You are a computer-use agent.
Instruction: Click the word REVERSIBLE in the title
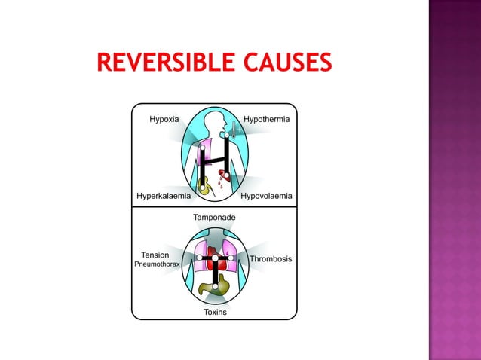point(165,63)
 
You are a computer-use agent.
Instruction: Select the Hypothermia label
point(267,119)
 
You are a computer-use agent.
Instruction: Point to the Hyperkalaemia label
point(163,196)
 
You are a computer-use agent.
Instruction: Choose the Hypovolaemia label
point(266,196)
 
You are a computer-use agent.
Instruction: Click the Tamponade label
point(215,217)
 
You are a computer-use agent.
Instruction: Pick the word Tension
point(155,255)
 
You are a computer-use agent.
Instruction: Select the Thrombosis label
point(271,258)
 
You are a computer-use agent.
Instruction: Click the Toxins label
point(215,312)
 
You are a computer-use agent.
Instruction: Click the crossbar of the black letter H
point(215,160)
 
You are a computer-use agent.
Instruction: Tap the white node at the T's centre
point(215,258)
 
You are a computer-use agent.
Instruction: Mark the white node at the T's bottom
point(215,286)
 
